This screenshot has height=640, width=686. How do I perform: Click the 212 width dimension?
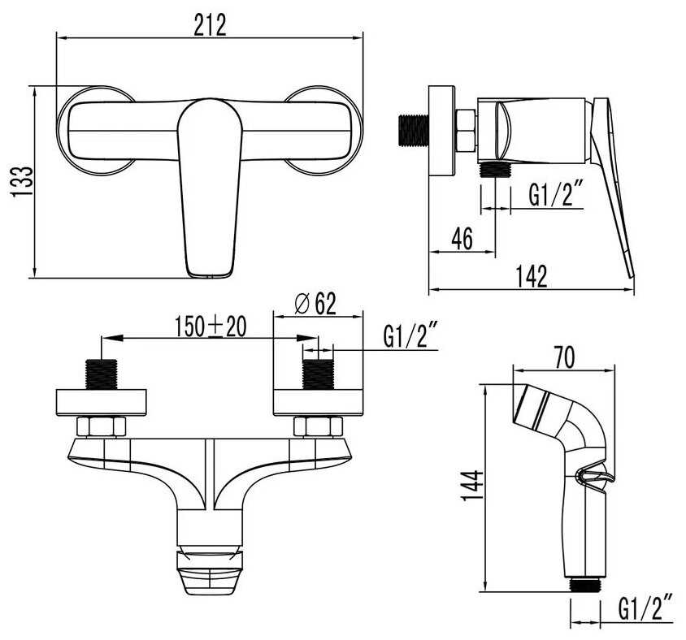coord(210,25)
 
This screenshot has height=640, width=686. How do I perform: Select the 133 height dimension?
coord(22,181)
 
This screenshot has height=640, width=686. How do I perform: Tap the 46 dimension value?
coord(462,239)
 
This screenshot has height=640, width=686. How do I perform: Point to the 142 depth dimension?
coord(531,276)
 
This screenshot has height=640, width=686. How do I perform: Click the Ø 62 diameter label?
coord(315,304)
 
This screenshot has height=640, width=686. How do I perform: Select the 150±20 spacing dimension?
coord(211,326)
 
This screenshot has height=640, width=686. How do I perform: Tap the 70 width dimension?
coord(564,357)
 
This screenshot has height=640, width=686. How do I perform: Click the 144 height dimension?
coord(473,486)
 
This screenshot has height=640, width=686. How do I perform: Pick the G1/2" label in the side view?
coord(556,195)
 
